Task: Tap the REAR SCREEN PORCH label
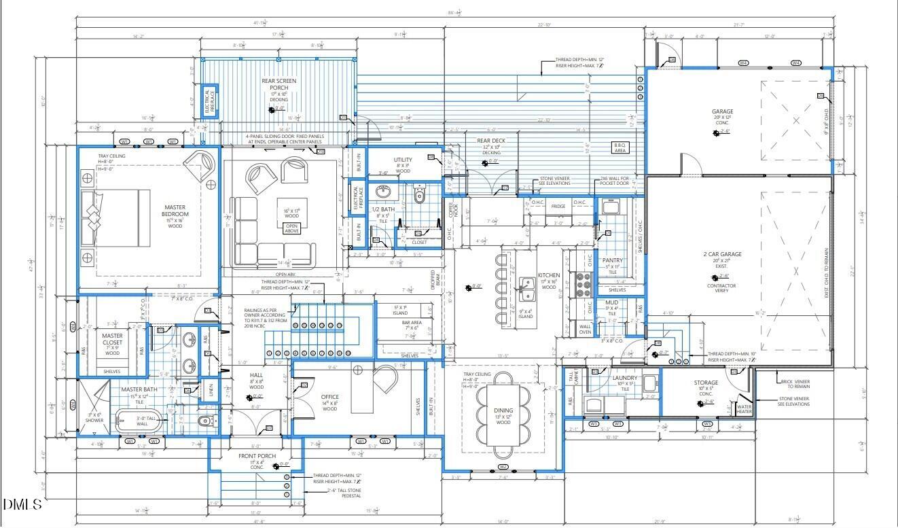coord(279,85)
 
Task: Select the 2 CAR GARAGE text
coord(722,254)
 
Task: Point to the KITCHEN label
coord(549,275)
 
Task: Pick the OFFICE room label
coord(329,397)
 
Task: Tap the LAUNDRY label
coord(624,378)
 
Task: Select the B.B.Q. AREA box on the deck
coord(620,148)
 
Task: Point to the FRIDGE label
coord(558,206)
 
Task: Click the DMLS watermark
coord(22,504)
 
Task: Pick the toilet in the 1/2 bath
coord(419,196)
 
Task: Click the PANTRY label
coord(613,260)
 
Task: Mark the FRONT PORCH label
coord(256,456)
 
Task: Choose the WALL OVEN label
coord(585,330)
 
